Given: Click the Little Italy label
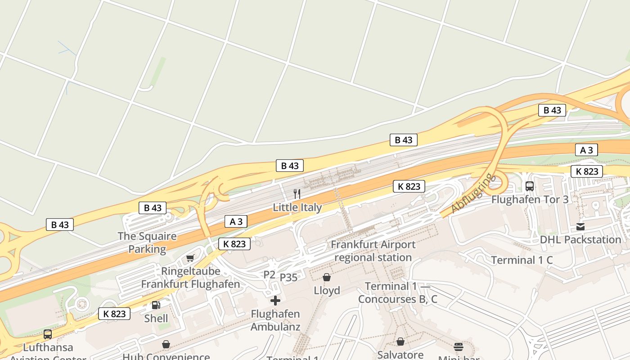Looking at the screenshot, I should tap(297, 207).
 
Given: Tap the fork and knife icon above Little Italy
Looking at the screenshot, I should tap(297, 194).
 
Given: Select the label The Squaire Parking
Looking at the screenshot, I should tap(147, 243).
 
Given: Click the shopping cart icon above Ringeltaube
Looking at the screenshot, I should tap(190, 258).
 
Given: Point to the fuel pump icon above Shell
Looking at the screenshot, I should tap(156, 305).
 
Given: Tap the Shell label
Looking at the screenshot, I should tap(156, 319).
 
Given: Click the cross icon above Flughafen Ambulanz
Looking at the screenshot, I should tap(275, 301).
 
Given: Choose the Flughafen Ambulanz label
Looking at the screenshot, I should tap(275, 320).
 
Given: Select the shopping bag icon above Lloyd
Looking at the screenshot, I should tap(327, 277).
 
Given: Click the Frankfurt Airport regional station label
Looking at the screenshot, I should tap(373, 251).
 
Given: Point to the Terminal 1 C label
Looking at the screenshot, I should tap(522, 260).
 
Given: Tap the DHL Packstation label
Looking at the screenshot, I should tap(580, 239).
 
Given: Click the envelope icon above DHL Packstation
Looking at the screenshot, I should tap(580, 226).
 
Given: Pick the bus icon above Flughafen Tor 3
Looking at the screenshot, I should tap(530, 186).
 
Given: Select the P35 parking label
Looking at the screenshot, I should tap(289, 278).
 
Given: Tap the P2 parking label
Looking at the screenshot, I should tap(269, 274).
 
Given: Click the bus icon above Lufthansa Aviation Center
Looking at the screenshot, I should tap(48, 334).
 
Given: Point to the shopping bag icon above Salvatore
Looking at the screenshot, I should tap(400, 342).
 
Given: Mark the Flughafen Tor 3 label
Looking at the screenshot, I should tap(530, 199).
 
